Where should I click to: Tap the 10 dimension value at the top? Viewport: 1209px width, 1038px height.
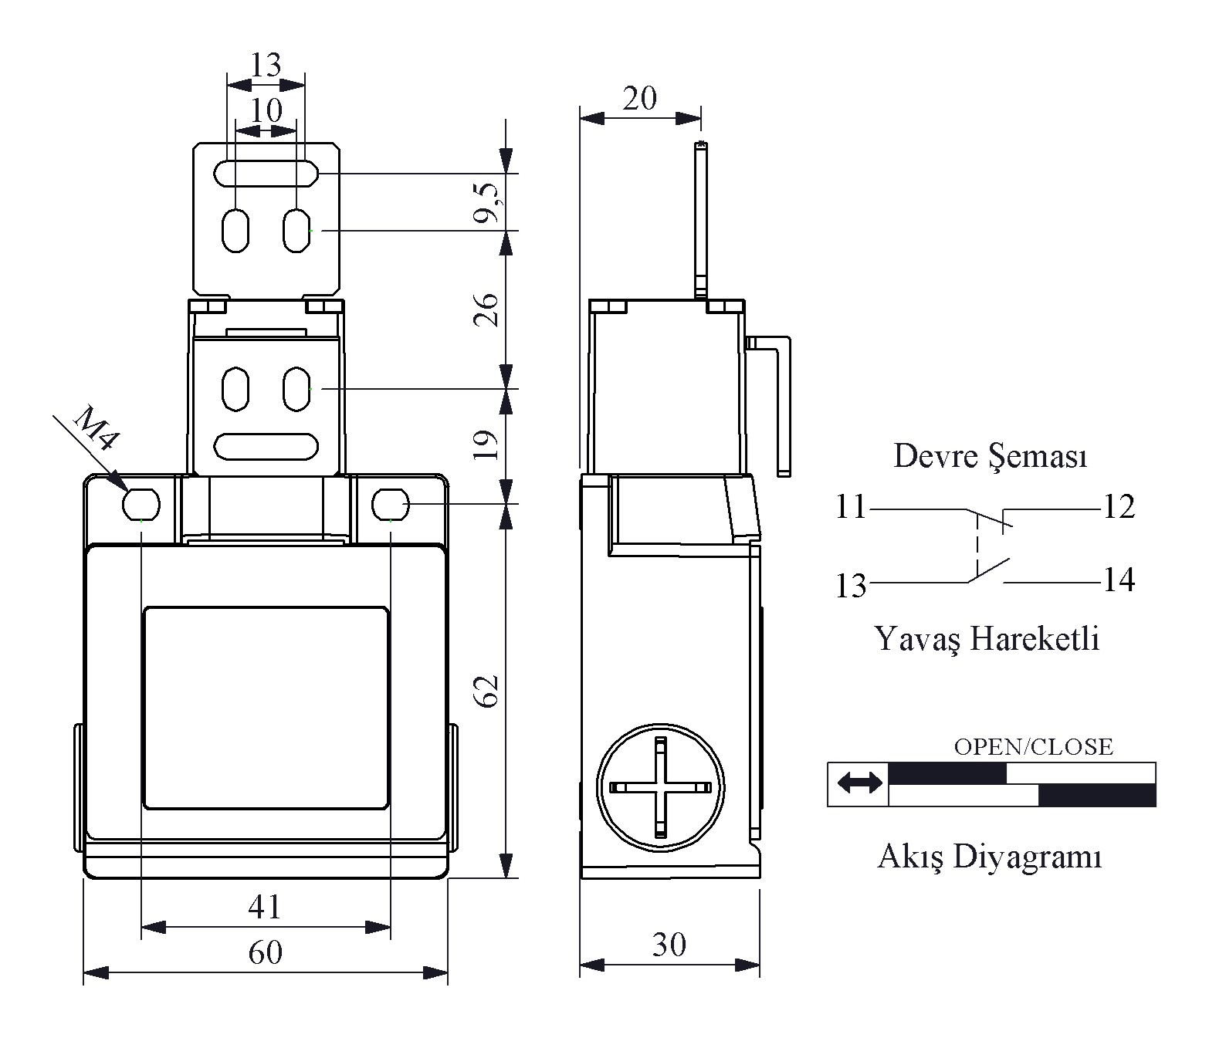pyautogui.click(x=266, y=110)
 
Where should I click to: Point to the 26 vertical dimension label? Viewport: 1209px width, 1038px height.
pyautogui.click(x=486, y=309)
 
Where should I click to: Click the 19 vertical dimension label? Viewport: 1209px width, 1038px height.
pyautogui.click(x=486, y=445)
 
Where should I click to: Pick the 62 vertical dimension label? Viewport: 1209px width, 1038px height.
pyautogui.click(x=486, y=691)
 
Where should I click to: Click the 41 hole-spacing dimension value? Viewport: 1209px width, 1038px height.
pyautogui.click(x=265, y=907)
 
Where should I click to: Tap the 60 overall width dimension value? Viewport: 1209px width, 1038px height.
pyautogui.click(x=265, y=952)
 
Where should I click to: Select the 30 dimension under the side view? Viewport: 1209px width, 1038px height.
pyautogui.click(x=669, y=945)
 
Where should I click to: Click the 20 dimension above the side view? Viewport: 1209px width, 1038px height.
pyautogui.click(x=639, y=98)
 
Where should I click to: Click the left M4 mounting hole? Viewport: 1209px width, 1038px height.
pyautogui.click(x=141, y=503)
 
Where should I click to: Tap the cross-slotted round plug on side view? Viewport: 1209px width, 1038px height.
pyautogui.click(x=660, y=787)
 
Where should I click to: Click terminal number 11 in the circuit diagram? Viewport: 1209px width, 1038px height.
pyautogui.click(x=851, y=507)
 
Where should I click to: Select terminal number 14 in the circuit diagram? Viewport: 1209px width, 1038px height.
pyautogui.click(x=1119, y=580)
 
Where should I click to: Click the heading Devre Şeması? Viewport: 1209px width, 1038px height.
pyautogui.click(x=991, y=456)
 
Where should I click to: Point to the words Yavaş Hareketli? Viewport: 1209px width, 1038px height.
pyautogui.click(x=987, y=638)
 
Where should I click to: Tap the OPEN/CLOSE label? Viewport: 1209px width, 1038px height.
pyautogui.click(x=1034, y=747)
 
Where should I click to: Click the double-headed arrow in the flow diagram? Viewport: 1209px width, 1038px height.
pyautogui.click(x=859, y=783)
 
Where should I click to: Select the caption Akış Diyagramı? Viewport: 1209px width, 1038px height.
pyautogui.click(x=990, y=857)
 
